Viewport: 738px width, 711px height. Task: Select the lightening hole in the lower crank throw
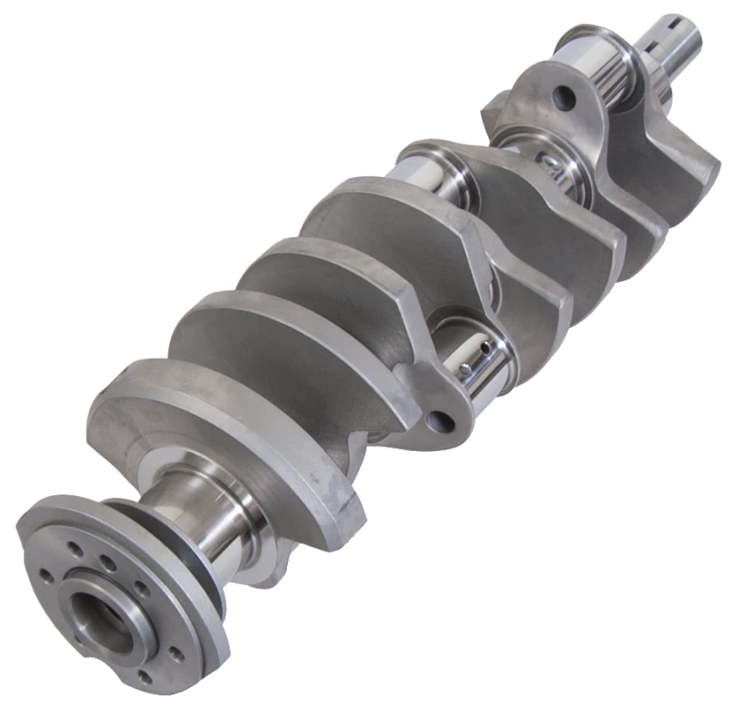pyautogui.click(x=444, y=421)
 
